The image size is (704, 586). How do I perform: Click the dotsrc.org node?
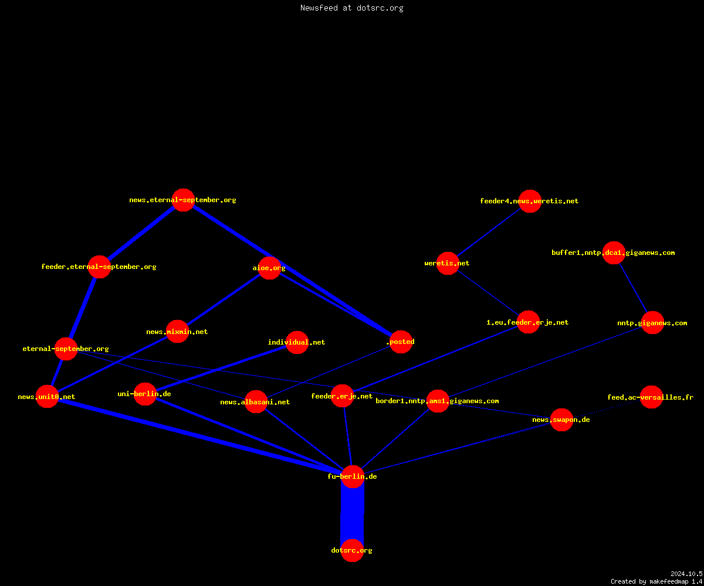pyautogui.click(x=352, y=550)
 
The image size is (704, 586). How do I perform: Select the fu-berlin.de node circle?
pyautogui.click(x=353, y=476)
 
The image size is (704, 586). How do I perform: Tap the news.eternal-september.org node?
pyautogui.click(x=183, y=200)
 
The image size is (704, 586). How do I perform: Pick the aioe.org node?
pyautogui.click(x=269, y=268)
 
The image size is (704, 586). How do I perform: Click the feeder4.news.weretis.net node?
pyautogui.click(x=530, y=201)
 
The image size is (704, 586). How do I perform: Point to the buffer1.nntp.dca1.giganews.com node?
pyautogui.click(x=614, y=253)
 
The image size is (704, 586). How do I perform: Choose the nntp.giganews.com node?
pyautogui.click(x=652, y=323)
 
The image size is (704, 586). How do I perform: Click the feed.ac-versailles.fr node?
pyautogui.click(x=651, y=397)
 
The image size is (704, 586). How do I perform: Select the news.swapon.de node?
pyautogui.click(x=561, y=420)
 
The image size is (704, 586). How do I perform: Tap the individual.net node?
pyautogui.click(x=297, y=342)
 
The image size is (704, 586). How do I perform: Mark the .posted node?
pyautogui.click(x=401, y=342)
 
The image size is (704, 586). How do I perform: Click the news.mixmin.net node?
pyautogui.click(x=177, y=332)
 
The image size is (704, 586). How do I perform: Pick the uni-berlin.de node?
pyautogui.click(x=145, y=394)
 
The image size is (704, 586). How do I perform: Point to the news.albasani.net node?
pyautogui.click(x=256, y=402)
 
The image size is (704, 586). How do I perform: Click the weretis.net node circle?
pyautogui.click(x=448, y=263)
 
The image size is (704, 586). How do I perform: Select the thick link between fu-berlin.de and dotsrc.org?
pyautogui.click(x=353, y=513)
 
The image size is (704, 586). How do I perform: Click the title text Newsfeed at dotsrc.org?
pyautogui.click(x=351, y=8)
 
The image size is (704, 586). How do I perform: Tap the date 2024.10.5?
pyautogui.click(x=686, y=574)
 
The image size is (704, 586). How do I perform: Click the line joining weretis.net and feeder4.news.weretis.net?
pyautogui.click(x=489, y=232)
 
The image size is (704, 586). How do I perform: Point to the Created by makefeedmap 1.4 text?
pyautogui.click(x=656, y=582)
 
